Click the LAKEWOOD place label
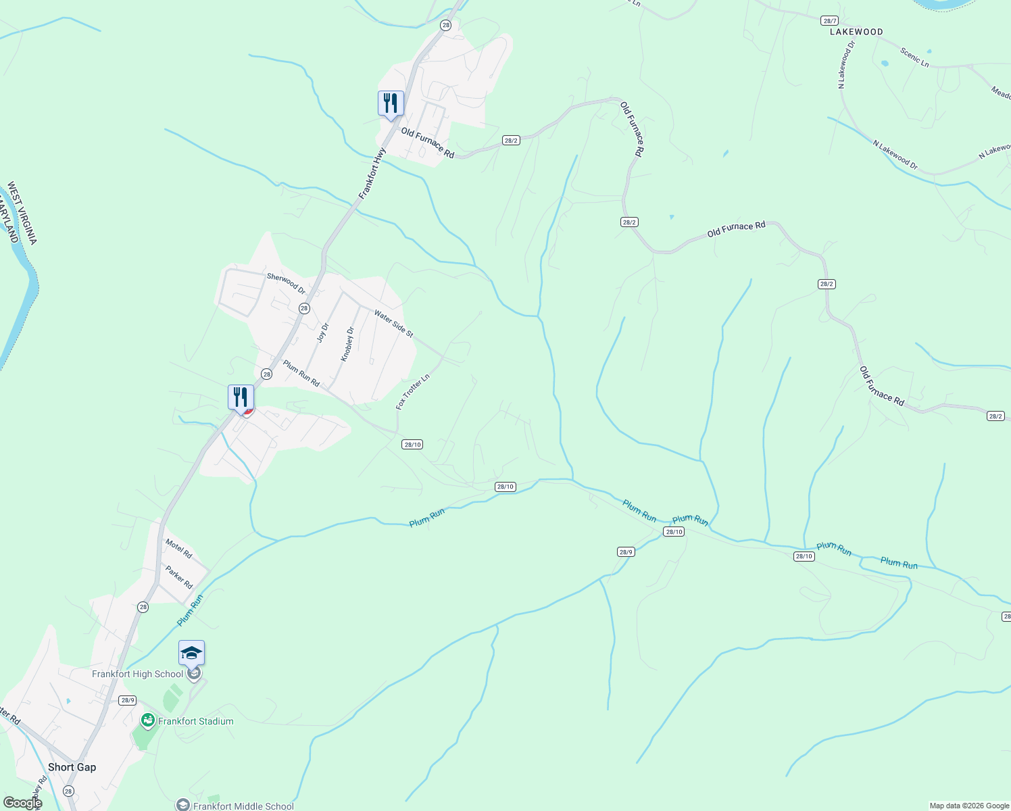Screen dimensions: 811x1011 coord(856,32)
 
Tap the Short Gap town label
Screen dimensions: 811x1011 coord(72,767)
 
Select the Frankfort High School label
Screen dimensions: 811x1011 coord(138,674)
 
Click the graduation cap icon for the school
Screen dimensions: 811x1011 coord(191,653)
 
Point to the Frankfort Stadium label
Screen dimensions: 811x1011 coord(196,721)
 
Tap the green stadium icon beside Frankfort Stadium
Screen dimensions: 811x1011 coord(147,721)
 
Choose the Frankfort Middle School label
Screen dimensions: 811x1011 coord(243,806)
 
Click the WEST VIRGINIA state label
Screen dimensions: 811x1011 coord(23,213)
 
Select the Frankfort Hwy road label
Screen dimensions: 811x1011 coord(372,174)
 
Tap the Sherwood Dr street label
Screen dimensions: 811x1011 coord(286,283)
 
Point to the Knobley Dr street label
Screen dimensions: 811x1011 coord(347,344)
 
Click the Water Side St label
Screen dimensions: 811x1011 coord(393,324)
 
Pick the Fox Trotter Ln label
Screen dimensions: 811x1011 coord(412,392)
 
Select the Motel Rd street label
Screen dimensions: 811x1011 coord(179,549)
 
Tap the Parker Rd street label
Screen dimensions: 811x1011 coord(179,576)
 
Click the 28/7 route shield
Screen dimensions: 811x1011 coord(829,21)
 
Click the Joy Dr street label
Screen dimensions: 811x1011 coord(323,333)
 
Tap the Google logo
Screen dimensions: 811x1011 coord(22,803)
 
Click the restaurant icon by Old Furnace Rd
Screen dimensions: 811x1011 coord(391,103)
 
